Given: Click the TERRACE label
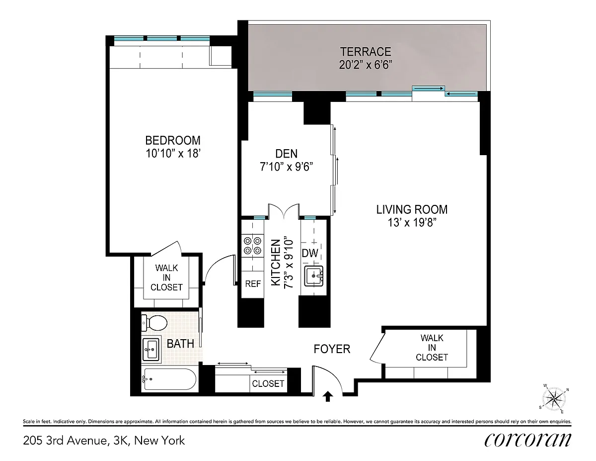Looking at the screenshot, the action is (366, 52).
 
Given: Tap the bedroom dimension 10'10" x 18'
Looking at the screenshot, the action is (173, 154).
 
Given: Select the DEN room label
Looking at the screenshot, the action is (287, 154).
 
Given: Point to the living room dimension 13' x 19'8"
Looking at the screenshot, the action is (412, 222).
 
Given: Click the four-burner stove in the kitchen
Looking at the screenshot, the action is (253, 246).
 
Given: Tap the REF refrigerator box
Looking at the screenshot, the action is (253, 284).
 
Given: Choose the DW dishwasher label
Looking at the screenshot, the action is (310, 253).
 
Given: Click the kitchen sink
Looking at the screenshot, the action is (314, 276).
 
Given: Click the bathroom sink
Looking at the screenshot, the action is (151, 349).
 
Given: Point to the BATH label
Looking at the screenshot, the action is (180, 344).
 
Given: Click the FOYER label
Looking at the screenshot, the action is (332, 349).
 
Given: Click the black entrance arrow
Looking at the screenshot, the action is (327, 397).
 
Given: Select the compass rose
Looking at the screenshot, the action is (554, 398).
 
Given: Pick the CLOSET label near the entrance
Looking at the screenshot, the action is (268, 383).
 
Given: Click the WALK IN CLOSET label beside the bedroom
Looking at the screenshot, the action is (166, 277).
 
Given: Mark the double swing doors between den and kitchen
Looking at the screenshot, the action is (284, 210).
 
